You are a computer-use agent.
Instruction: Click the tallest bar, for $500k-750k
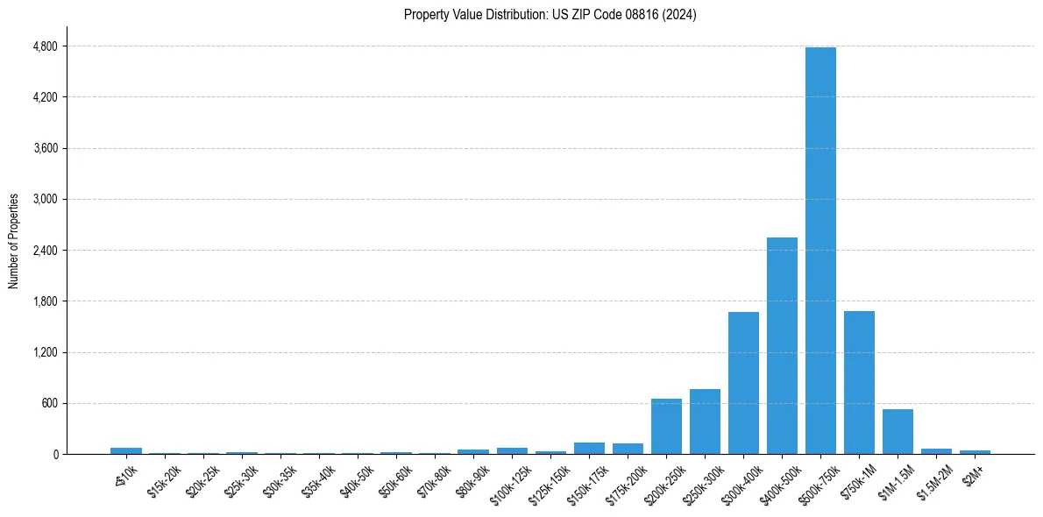click(820, 251)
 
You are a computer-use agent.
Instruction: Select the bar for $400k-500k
click(782, 345)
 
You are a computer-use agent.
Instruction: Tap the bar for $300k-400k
click(743, 383)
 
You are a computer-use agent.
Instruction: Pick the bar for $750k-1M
click(859, 382)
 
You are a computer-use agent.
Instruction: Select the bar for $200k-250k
click(666, 426)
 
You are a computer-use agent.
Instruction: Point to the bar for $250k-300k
click(705, 421)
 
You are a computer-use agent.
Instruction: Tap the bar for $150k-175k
click(589, 448)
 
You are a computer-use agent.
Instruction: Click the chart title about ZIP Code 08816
click(550, 15)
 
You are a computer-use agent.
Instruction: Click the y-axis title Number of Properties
click(14, 241)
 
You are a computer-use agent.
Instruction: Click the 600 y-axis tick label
click(49, 403)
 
